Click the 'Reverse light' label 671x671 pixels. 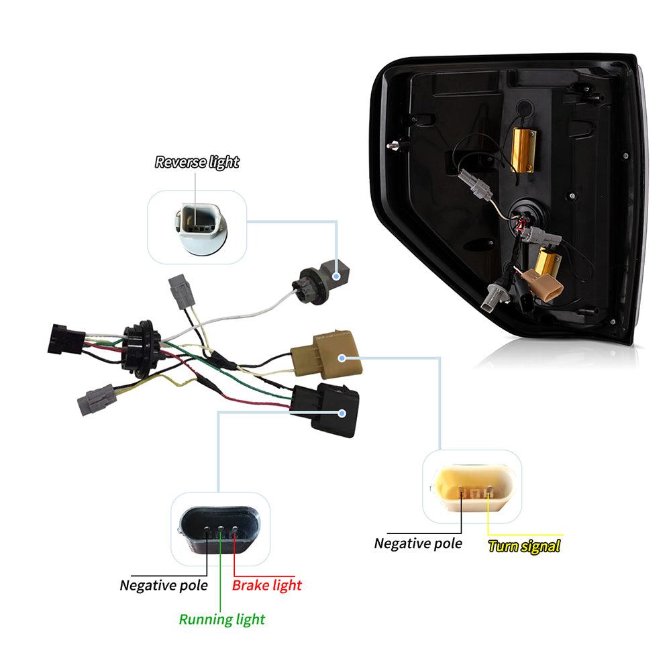(197, 162)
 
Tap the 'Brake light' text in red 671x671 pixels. (266, 585)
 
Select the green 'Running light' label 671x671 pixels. (221, 619)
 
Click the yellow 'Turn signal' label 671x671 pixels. (523, 546)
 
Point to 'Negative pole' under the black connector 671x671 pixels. (164, 585)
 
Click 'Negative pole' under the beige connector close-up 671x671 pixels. (418, 543)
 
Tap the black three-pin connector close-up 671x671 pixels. (217, 530)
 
